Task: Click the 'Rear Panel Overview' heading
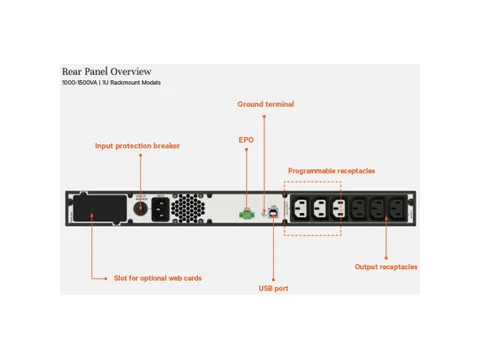[x=106, y=71]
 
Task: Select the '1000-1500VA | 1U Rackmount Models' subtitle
[x=111, y=82]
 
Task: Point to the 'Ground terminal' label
[x=266, y=104]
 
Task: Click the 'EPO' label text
[x=246, y=139]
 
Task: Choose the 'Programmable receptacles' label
[x=331, y=170]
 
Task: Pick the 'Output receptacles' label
[x=386, y=267]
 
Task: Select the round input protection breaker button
[x=140, y=198]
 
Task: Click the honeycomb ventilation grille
[x=185, y=208]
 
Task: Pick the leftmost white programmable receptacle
[x=300, y=210]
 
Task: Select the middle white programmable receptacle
[x=320, y=210]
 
